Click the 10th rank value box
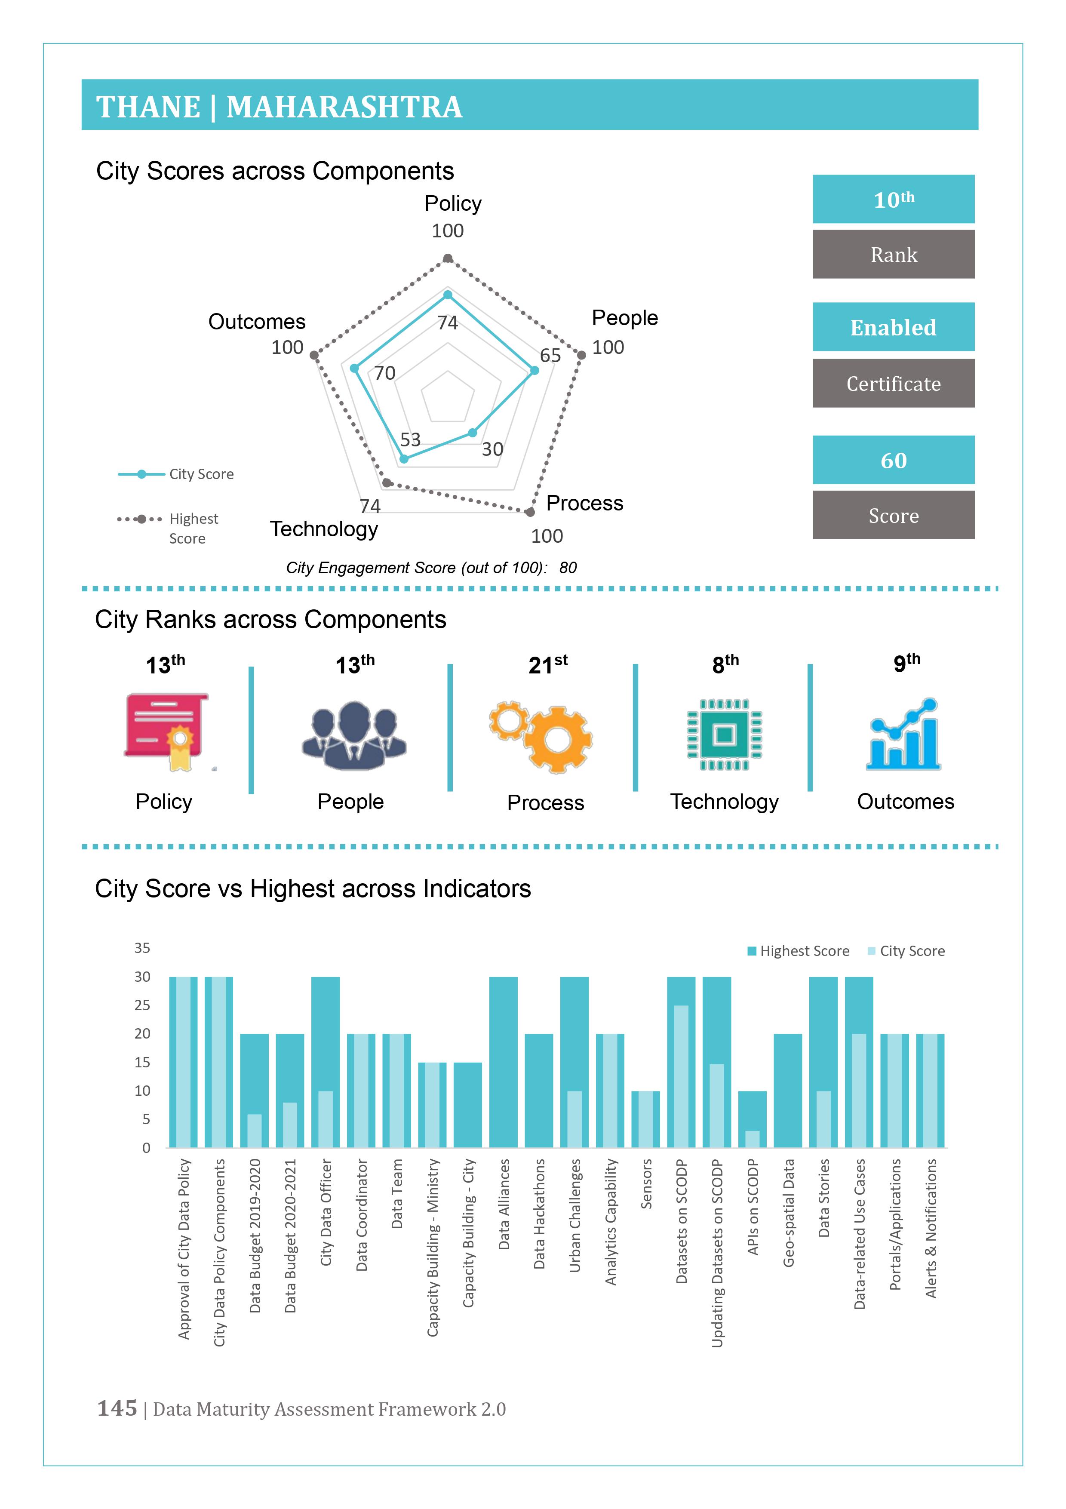[x=893, y=199]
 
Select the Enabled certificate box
[x=893, y=327]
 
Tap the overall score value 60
[x=893, y=460]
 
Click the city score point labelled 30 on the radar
[x=472, y=433]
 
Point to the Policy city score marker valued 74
[x=448, y=295]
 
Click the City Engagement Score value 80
[x=568, y=568]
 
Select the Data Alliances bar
[x=504, y=1062]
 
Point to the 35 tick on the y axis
[x=142, y=948]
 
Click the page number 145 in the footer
[x=117, y=1408]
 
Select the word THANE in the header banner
[x=148, y=107]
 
